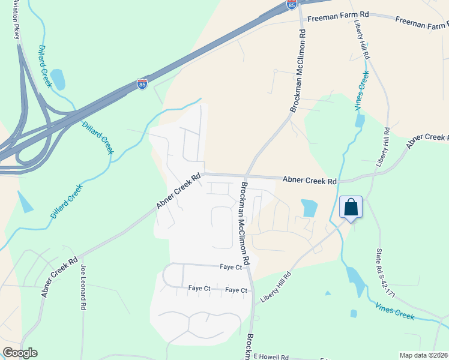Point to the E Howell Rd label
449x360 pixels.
coord(271,357)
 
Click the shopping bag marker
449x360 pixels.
coord(351,208)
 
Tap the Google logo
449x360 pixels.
coord(20,353)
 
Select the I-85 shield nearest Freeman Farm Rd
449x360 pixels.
coord(291,5)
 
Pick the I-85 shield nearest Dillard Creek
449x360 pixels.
coord(142,83)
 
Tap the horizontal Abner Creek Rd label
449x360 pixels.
coord(309,180)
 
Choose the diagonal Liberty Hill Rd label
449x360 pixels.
coord(276,287)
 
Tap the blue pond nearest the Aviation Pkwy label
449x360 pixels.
coord(58,79)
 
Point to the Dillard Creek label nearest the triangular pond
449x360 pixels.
coord(66,202)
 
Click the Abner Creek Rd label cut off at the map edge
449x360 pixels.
coord(427,140)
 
